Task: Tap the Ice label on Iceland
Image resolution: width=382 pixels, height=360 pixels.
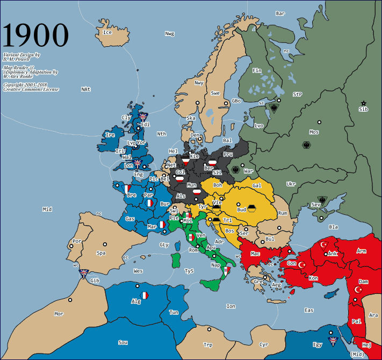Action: click(107, 32)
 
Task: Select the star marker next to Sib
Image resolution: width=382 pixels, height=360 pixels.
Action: click(364, 103)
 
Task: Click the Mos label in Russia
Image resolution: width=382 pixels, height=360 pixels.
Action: click(314, 132)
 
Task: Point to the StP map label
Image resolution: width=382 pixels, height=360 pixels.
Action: click(297, 94)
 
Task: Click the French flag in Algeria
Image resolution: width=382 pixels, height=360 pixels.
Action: click(145, 295)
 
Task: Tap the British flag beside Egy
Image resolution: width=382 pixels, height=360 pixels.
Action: click(332, 341)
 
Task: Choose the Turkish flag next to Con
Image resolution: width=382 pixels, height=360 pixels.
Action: click(302, 265)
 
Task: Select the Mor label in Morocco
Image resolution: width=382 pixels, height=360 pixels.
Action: click(59, 313)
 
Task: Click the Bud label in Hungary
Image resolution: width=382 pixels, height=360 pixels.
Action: click(242, 210)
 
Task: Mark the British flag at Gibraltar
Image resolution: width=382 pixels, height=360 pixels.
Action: click(83, 273)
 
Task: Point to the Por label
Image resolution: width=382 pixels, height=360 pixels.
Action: click(77, 241)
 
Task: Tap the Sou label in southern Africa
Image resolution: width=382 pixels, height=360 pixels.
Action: click(123, 342)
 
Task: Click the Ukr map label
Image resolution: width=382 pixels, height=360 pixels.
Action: click(291, 184)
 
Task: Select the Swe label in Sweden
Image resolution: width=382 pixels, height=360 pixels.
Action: click(215, 93)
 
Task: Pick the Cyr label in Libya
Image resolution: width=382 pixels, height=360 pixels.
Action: click(264, 344)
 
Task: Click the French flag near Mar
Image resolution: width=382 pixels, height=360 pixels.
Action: click(161, 225)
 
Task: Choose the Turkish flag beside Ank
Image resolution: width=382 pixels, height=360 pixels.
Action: click(323, 244)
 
